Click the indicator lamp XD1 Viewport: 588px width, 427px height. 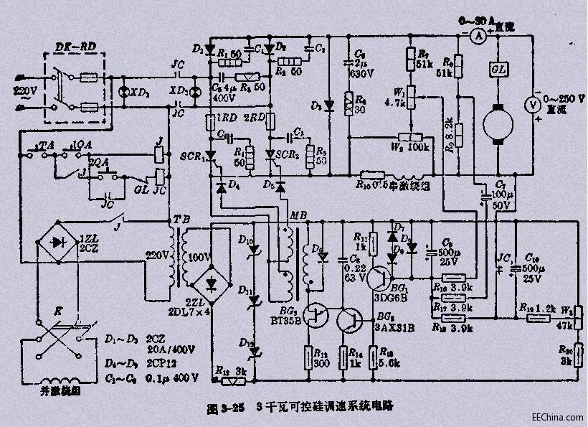point(123,93)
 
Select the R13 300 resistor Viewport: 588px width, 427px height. point(313,356)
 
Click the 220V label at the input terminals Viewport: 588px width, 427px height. point(14,91)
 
